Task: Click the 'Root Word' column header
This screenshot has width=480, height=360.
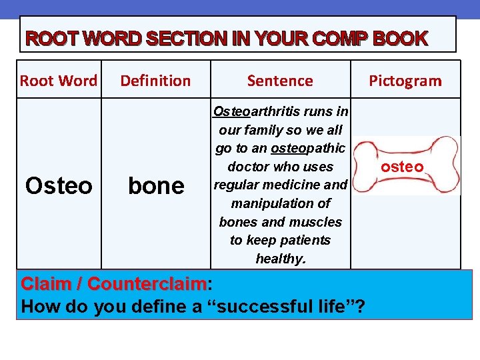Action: click(59, 81)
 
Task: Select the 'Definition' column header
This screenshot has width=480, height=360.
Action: click(155, 81)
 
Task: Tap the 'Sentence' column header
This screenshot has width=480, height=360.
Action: click(280, 81)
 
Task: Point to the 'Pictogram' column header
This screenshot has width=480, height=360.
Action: click(405, 81)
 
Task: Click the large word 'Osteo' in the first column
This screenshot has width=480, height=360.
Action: click(59, 186)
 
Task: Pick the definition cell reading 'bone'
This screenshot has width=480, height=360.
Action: click(155, 186)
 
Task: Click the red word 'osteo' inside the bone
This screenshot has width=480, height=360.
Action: click(402, 167)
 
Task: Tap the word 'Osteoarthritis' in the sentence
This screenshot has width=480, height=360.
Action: click(257, 111)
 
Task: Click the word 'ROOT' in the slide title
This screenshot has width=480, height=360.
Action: click(49, 39)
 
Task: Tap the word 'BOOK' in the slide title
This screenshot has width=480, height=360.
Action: click(400, 39)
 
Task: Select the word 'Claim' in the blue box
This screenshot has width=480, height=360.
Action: click(47, 284)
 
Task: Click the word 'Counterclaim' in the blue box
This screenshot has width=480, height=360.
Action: click(147, 284)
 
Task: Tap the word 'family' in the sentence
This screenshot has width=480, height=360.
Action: click(268, 129)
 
